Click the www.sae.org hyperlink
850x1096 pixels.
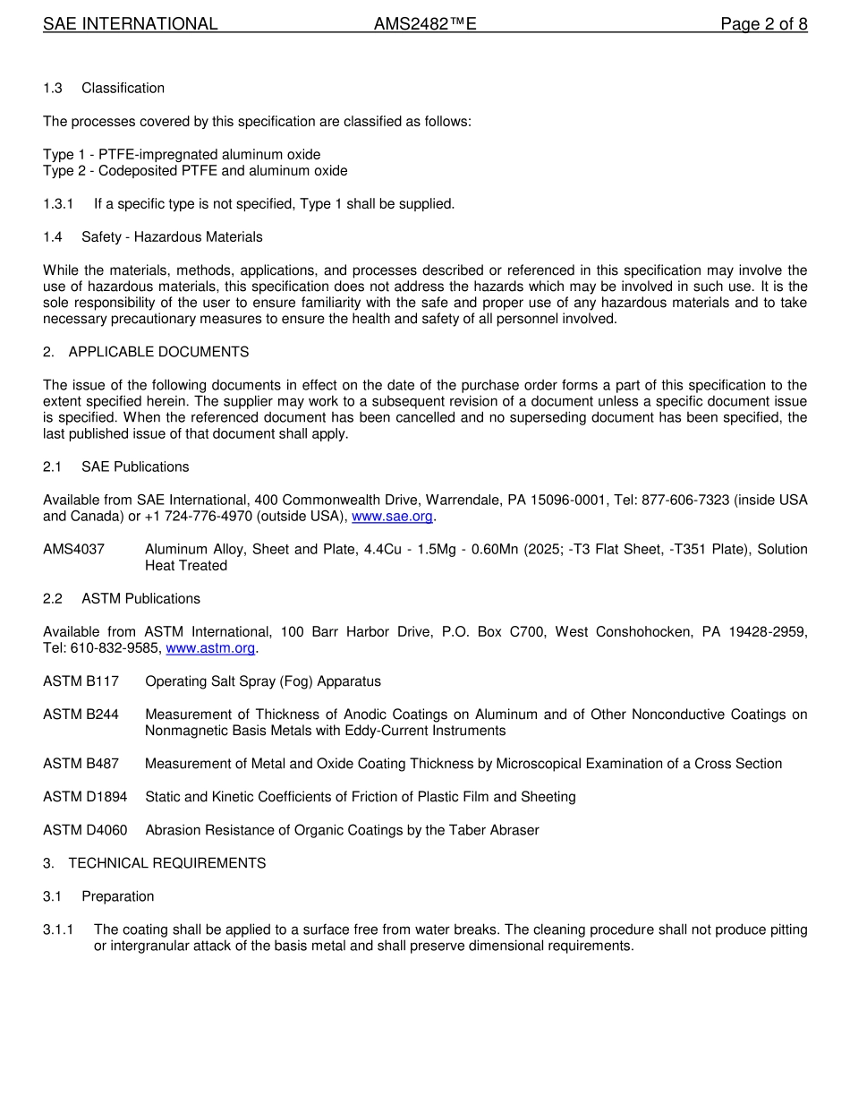(x=393, y=517)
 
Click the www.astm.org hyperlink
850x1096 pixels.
(x=210, y=648)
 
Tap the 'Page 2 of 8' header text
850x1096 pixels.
(x=763, y=24)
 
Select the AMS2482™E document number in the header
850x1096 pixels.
(x=425, y=24)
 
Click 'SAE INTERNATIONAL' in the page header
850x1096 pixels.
(x=131, y=24)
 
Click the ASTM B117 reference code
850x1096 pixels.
(x=81, y=681)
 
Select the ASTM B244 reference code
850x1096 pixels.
(x=81, y=715)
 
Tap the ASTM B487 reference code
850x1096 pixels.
(x=81, y=764)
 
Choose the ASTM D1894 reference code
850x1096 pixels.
(x=85, y=797)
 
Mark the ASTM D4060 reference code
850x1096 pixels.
(x=85, y=830)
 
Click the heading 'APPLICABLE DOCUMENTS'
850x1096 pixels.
(x=158, y=352)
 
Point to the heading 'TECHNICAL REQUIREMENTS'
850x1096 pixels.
(x=166, y=863)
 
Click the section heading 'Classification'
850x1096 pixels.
(x=123, y=88)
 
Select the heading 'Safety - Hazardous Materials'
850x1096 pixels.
(x=172, y=237)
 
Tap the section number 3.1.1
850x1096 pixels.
(x=58, y=930)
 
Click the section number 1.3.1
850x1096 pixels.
(x=58, y=204)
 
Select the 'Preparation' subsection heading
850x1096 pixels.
(x=117, y=896)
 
